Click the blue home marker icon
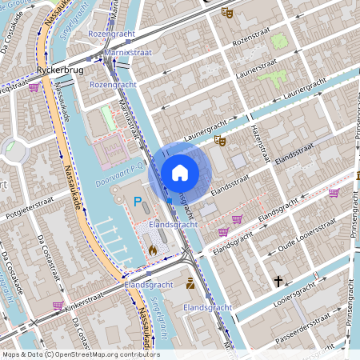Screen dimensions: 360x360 (x=180, y=171)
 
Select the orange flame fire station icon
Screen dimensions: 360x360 (x=152, y=250)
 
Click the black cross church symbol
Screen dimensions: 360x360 (x=278, y=282)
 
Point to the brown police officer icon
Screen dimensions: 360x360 (x=190, y=283)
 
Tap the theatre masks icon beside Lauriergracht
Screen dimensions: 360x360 (x=220, y=140)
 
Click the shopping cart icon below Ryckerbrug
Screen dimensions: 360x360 (x=34, y=87)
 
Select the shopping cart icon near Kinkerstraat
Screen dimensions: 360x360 (x=58, y=305)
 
